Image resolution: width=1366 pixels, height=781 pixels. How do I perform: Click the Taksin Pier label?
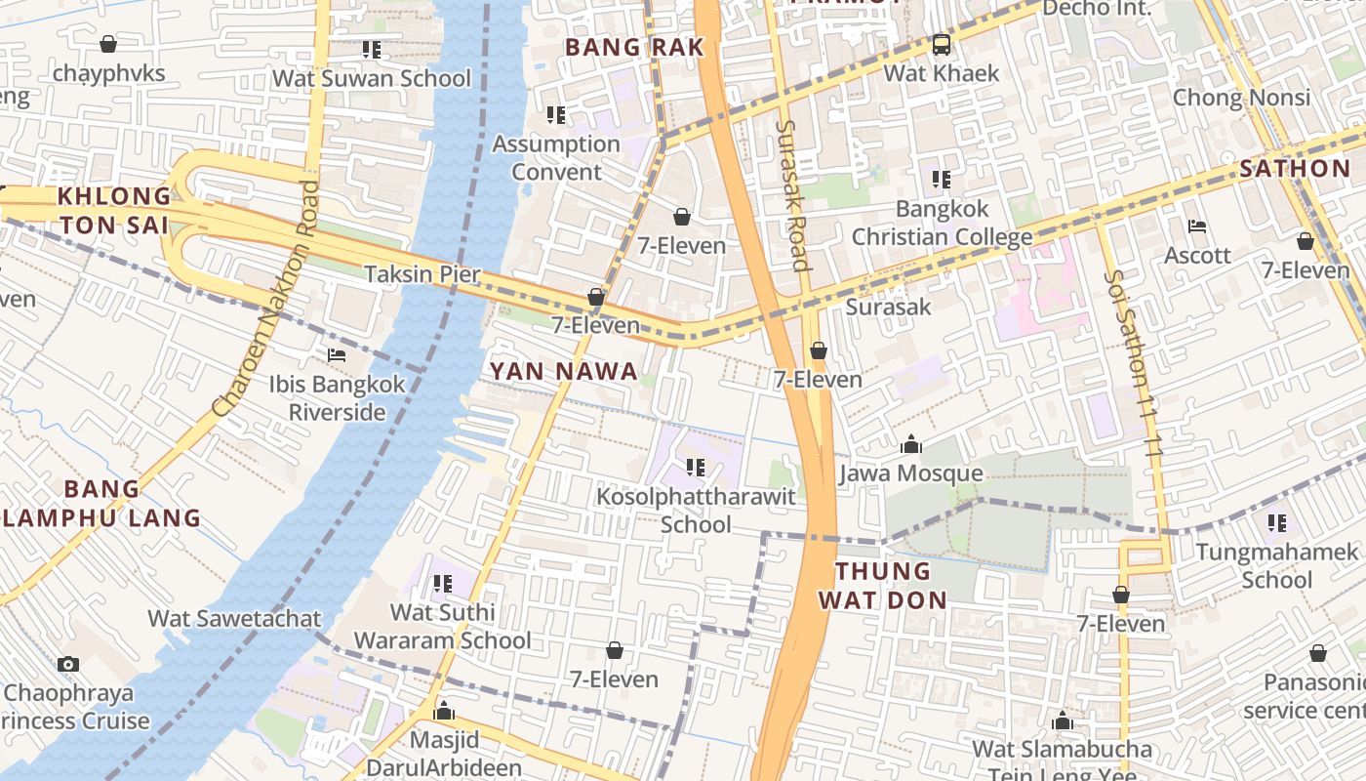pos(422,274)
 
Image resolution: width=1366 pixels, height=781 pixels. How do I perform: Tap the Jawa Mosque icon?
pos(911,445)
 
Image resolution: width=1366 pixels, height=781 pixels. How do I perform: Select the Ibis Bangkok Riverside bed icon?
pos(337,355)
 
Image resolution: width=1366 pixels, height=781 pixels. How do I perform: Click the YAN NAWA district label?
pos(563,371)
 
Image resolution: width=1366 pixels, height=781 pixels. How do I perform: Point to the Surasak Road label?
pos(792,195)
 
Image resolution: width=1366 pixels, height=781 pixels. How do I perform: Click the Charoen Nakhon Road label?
pos(266,298)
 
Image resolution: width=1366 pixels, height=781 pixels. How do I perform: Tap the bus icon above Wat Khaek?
pos(942,45)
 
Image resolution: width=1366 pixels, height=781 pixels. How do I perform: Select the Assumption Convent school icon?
pos(556,115)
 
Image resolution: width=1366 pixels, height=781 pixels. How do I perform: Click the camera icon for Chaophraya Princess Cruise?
pos(67,665)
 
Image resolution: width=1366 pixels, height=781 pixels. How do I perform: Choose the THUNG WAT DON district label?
pos(883,585)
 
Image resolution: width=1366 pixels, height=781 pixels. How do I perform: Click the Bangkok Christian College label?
pos(942,223)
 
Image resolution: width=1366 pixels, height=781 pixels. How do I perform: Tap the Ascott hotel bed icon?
pos(1197,226)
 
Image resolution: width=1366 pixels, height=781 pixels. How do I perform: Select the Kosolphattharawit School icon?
pos(696,468)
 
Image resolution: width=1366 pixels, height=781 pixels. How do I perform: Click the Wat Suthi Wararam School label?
pos(442,627)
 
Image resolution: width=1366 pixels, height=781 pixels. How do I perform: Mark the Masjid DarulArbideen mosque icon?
pos(444,710)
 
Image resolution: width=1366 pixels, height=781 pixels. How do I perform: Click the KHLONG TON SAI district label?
pos(113,210)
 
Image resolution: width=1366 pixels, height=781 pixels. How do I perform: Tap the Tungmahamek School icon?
pos(1277,523)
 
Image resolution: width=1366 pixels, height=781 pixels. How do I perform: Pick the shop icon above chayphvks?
pos(108,44)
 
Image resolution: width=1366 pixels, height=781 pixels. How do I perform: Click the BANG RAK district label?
pos(634,47)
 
